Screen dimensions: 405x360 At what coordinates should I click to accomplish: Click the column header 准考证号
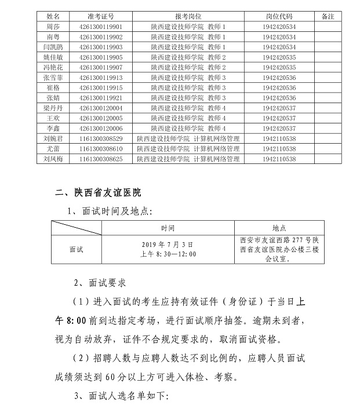[100, 17]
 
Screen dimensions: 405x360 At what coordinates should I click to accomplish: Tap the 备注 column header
[328, 17]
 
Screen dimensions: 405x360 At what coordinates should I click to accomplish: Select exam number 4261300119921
[100, 97]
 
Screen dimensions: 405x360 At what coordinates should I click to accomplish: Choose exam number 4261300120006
[100, 128]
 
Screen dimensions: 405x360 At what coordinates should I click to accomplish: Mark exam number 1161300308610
[100, 148]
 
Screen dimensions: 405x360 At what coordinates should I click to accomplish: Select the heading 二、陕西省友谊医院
[98, 192]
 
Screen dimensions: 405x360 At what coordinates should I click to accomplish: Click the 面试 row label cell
[76, 249]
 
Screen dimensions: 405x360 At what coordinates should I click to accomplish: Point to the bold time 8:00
[66, 319]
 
